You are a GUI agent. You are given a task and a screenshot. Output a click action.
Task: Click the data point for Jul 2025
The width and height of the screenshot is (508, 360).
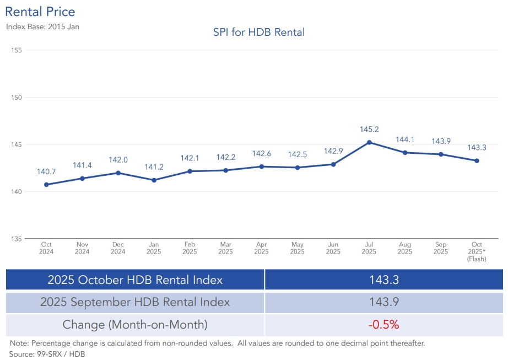369,142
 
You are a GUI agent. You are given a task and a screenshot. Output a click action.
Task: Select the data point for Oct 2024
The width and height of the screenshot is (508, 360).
46,185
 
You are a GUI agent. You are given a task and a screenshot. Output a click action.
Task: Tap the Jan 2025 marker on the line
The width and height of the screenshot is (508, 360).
154,180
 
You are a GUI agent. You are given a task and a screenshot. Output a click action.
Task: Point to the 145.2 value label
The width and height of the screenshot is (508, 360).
369,130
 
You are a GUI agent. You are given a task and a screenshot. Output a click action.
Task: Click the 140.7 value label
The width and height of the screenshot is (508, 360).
46,171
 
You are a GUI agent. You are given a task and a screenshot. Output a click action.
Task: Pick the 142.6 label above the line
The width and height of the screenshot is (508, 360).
261,154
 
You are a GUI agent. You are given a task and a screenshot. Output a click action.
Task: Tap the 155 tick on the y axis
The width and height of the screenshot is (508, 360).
16,50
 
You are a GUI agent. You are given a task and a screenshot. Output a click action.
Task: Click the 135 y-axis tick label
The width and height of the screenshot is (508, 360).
16,239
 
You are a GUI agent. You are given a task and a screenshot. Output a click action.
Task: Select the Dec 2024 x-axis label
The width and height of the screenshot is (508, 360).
118,248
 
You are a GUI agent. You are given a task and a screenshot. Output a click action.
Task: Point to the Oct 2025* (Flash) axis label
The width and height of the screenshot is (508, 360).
477,251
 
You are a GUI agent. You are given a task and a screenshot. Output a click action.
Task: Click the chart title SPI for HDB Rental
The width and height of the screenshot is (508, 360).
259,33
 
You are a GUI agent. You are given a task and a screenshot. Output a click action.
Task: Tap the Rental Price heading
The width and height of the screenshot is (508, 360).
40,12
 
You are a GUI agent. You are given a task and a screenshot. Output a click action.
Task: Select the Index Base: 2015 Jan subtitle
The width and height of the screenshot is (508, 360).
42,26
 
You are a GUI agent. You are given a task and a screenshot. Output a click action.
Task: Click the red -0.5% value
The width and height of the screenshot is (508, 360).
384,325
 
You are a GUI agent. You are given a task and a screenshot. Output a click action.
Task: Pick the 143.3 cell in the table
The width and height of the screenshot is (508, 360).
384,280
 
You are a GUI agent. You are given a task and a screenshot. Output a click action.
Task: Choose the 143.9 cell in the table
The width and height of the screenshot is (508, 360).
384,302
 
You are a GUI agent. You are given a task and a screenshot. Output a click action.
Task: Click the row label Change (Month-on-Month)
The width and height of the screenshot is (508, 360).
135,325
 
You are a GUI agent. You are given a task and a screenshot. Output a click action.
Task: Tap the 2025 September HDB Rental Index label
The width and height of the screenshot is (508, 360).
135,302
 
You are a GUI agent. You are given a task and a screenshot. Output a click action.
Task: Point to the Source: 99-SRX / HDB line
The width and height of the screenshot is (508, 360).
47,353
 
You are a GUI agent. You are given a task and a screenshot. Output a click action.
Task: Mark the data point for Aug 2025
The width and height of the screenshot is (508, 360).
405,153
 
